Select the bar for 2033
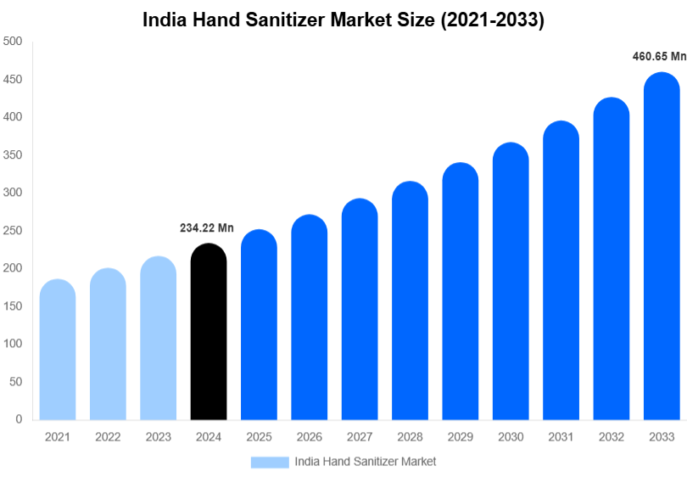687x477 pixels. point(662,246)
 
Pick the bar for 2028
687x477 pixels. point(410,300)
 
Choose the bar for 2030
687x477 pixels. point(511,281)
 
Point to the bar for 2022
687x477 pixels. point(108,344)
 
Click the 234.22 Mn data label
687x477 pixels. point(206,227)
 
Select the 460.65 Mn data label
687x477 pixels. point(659,57)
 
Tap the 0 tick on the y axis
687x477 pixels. point(19,419)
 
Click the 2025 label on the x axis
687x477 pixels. point(259,437)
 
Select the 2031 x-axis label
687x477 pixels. point(561,437)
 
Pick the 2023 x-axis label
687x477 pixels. point(158,437)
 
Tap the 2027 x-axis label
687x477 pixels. point(360,437)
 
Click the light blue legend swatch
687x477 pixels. point(270,462)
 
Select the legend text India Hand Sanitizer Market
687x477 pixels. point(365,462)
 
